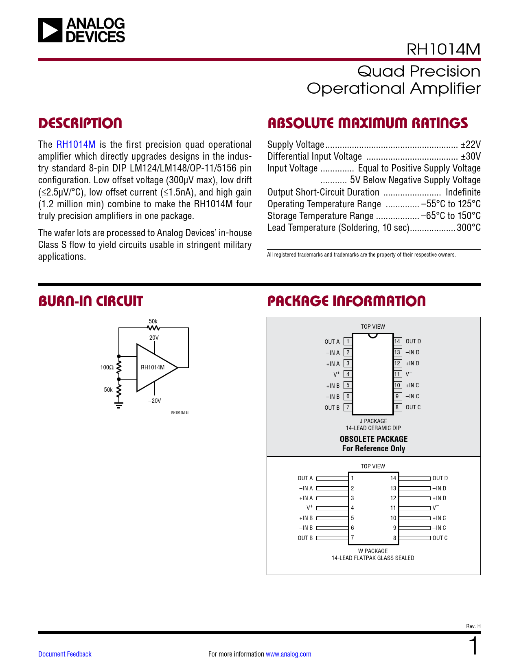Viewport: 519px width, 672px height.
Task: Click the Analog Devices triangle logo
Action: click(x=50, y=30)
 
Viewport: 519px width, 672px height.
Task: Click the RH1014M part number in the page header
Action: click(x=443, y=49)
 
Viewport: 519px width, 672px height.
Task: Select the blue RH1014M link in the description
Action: click(x=76, y=145)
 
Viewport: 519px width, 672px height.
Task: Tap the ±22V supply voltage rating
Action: click(x=471, y=145)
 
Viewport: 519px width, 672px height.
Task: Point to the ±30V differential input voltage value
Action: click(x=471, y=156)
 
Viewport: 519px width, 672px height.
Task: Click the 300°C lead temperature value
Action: click(x=469, y=228)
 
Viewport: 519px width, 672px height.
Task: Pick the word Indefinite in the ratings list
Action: click(x=463, y=192)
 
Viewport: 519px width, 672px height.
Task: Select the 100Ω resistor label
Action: click(x=107, y=367)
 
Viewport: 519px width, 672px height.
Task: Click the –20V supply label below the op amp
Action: click(x=154, y=401)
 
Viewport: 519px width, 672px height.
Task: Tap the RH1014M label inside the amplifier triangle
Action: click(x=153, y=367)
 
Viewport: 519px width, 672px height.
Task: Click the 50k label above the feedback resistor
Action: click(x=153, y=321)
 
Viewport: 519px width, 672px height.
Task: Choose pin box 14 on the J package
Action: click(x=397, y=341)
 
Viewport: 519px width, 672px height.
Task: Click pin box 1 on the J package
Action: click(x=348, y=341)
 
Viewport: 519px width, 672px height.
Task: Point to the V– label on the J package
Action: click(x=409, y=374)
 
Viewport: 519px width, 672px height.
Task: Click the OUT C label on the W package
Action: click(x=440, y=538)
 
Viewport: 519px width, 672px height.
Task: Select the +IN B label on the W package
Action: click(x=306, y=518)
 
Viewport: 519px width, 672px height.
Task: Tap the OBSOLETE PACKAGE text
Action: click(x=374, y=439)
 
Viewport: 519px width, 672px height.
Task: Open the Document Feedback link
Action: click(x=65, y=654)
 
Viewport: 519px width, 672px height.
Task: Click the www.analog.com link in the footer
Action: click(x=288, y=654)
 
